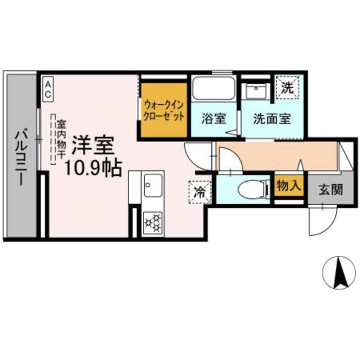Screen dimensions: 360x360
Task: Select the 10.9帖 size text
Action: [93, 168]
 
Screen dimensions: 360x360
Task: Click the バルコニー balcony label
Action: [20, 157]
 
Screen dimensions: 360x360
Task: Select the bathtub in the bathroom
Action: [213, 88]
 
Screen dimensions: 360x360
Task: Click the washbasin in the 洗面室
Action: [256, 91]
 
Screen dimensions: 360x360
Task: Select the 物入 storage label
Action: [289, 186]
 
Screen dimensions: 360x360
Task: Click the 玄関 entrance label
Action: [331, 189]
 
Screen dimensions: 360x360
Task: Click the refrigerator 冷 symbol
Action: [199, 192]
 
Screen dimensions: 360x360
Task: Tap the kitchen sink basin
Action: [152, 185]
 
